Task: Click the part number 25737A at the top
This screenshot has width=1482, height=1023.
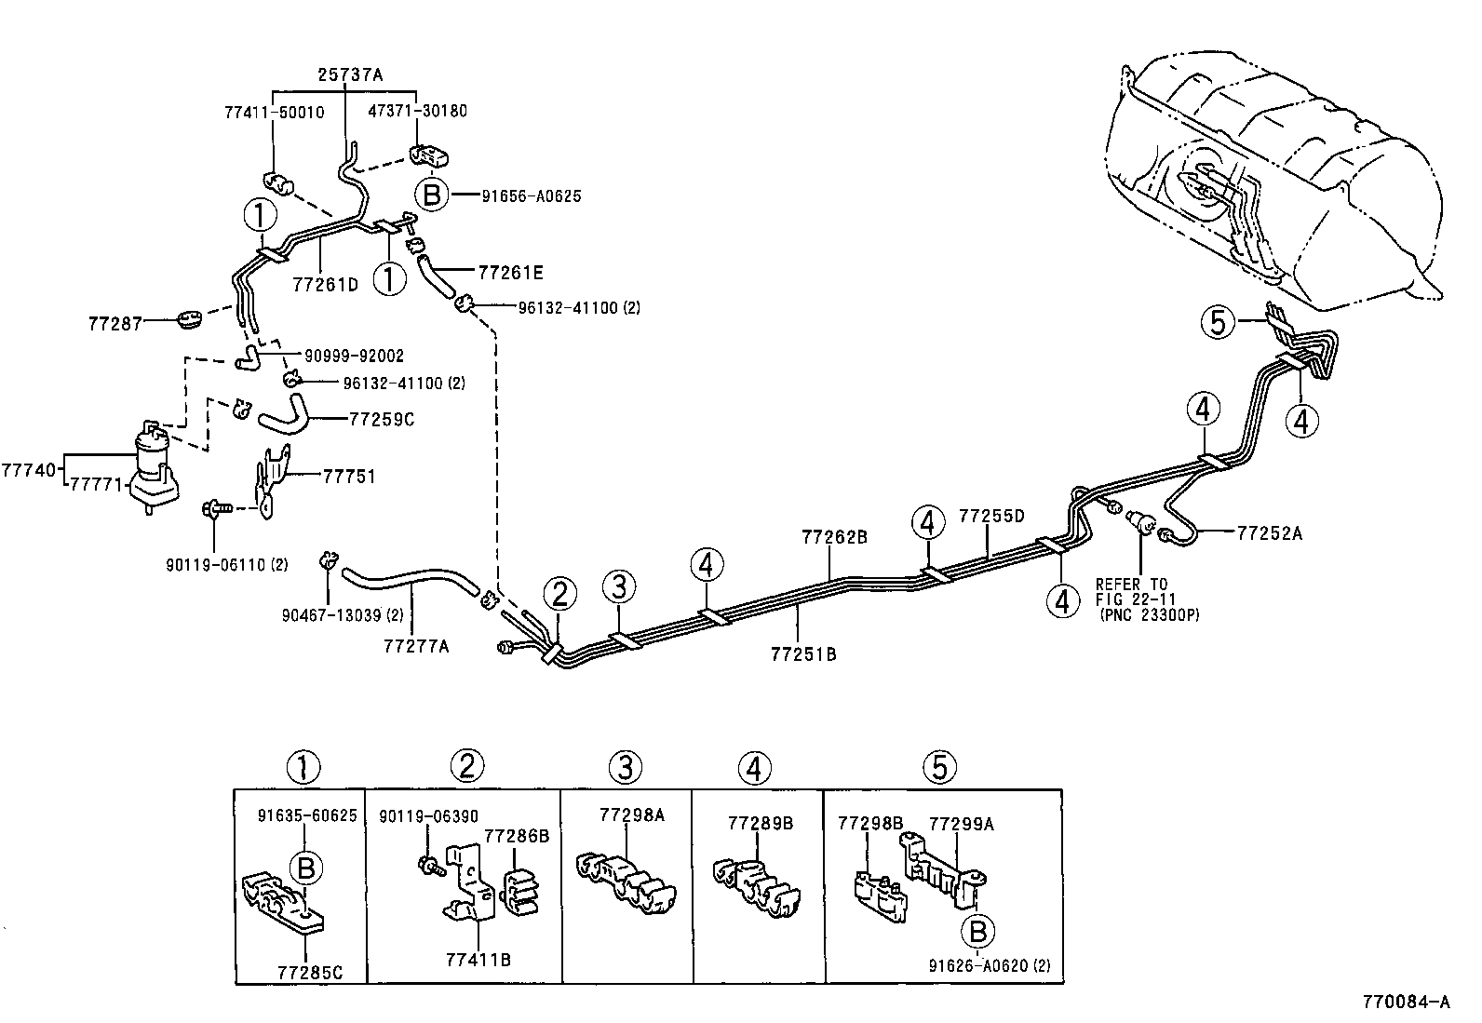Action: (350, 74)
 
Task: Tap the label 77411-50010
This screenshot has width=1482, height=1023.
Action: (275, 113)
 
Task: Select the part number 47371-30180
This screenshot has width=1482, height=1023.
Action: (417, 111)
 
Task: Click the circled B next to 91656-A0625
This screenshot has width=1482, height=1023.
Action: (431, 195)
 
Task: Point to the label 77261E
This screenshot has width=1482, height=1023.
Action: (511, 273)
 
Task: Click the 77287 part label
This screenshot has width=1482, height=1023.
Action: (115, 324)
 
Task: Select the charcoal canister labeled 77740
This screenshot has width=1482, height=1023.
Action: (154, 465)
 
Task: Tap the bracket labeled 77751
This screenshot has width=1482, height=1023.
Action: (272, 480)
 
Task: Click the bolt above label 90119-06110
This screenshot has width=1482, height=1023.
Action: (216, 509)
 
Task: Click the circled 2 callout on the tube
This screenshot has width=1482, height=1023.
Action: (559, 594)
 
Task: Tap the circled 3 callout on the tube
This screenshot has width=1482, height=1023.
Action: (619, 587)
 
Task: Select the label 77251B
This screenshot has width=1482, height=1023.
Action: (804, 654)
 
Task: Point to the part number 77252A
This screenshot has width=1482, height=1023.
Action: (1270, 533)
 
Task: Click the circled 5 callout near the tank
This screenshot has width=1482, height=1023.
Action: (1218, 322)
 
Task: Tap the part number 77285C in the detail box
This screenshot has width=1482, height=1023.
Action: (310, 972)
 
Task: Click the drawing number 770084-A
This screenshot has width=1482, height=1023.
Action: (1406, 1002)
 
